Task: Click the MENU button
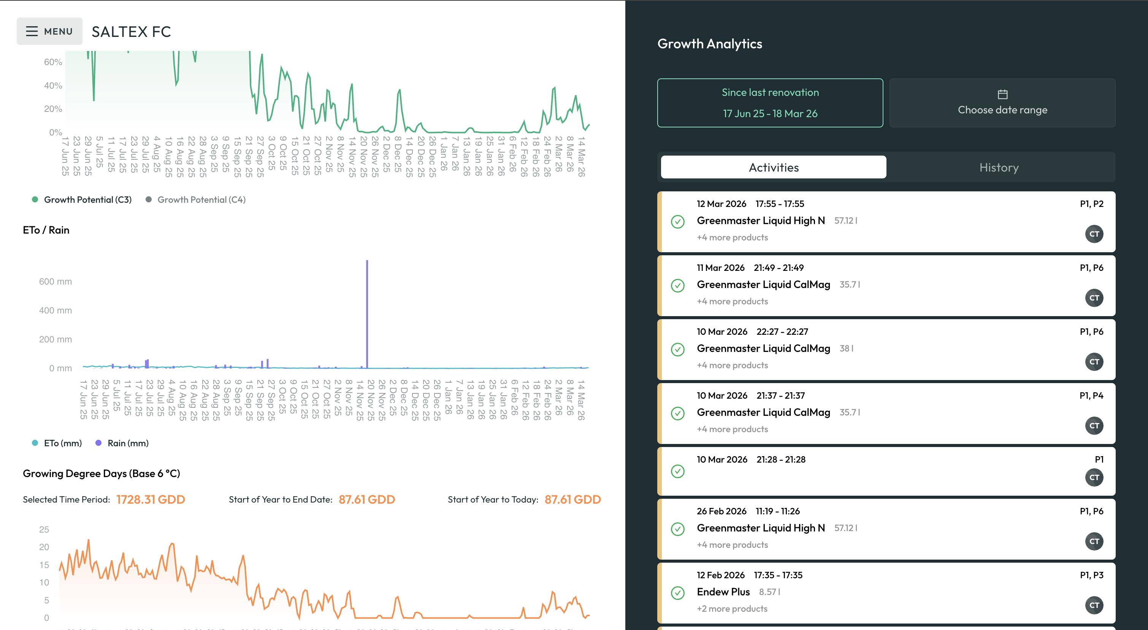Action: [x=49, y=31]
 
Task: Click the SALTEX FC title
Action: [x=131, y=32]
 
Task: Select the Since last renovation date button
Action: [x=770, y=103]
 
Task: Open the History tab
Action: [x=998, y=168]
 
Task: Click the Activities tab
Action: [x=773, y=168]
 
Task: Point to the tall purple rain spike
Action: [x=367, y=312]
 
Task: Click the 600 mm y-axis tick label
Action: [x=55, y=282]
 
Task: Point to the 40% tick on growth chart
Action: [x=52, y=86]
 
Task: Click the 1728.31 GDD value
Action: [x=150, y=500]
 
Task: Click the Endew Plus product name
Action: [x=723, y=592]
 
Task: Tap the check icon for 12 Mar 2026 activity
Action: [x=677, y=221]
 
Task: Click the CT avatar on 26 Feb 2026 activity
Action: [x=1094, y=541]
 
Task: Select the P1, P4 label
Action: [x=1091, y=396]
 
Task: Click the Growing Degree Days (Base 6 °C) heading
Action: [x=101, y=474]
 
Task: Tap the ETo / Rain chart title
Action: [x=46, y=230]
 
